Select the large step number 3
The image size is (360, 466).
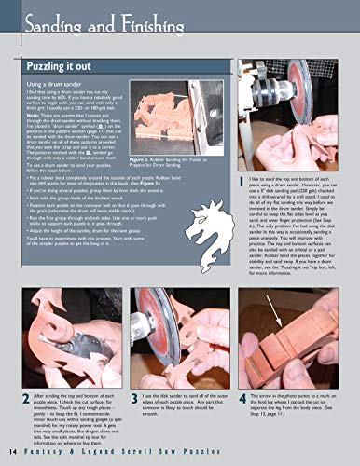[x=135, y=398]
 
